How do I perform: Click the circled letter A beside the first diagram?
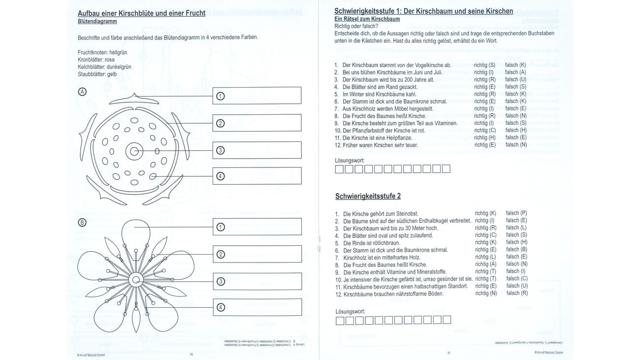82,91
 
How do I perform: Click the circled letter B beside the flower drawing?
82,223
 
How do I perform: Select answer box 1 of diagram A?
257,96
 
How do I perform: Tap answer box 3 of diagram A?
257,150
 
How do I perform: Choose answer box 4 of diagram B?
257,308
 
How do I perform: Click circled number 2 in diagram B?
221,254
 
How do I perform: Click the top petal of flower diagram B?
136,231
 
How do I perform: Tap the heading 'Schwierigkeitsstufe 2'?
368,196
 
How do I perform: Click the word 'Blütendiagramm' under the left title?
97,22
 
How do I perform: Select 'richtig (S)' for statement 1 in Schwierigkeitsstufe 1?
484,65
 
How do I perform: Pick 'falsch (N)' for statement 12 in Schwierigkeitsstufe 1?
516,145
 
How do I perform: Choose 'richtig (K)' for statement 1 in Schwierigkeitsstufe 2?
485,213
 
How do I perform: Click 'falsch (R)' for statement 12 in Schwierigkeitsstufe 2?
516,294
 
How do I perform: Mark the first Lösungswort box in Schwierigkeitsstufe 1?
340,169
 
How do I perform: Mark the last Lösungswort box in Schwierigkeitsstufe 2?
447,320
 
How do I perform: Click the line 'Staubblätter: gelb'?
97,74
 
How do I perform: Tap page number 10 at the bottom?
192,354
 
